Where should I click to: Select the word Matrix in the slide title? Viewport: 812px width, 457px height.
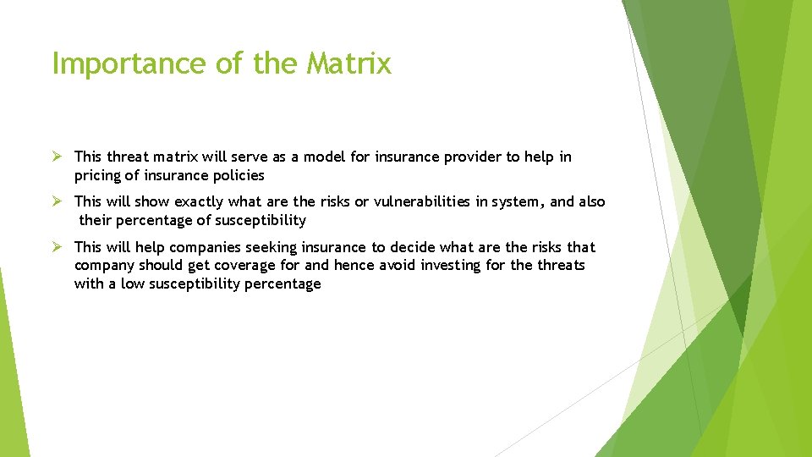point(349,63)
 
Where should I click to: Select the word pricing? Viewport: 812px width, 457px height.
point(98,175)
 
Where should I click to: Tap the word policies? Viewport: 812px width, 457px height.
point(239,175)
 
